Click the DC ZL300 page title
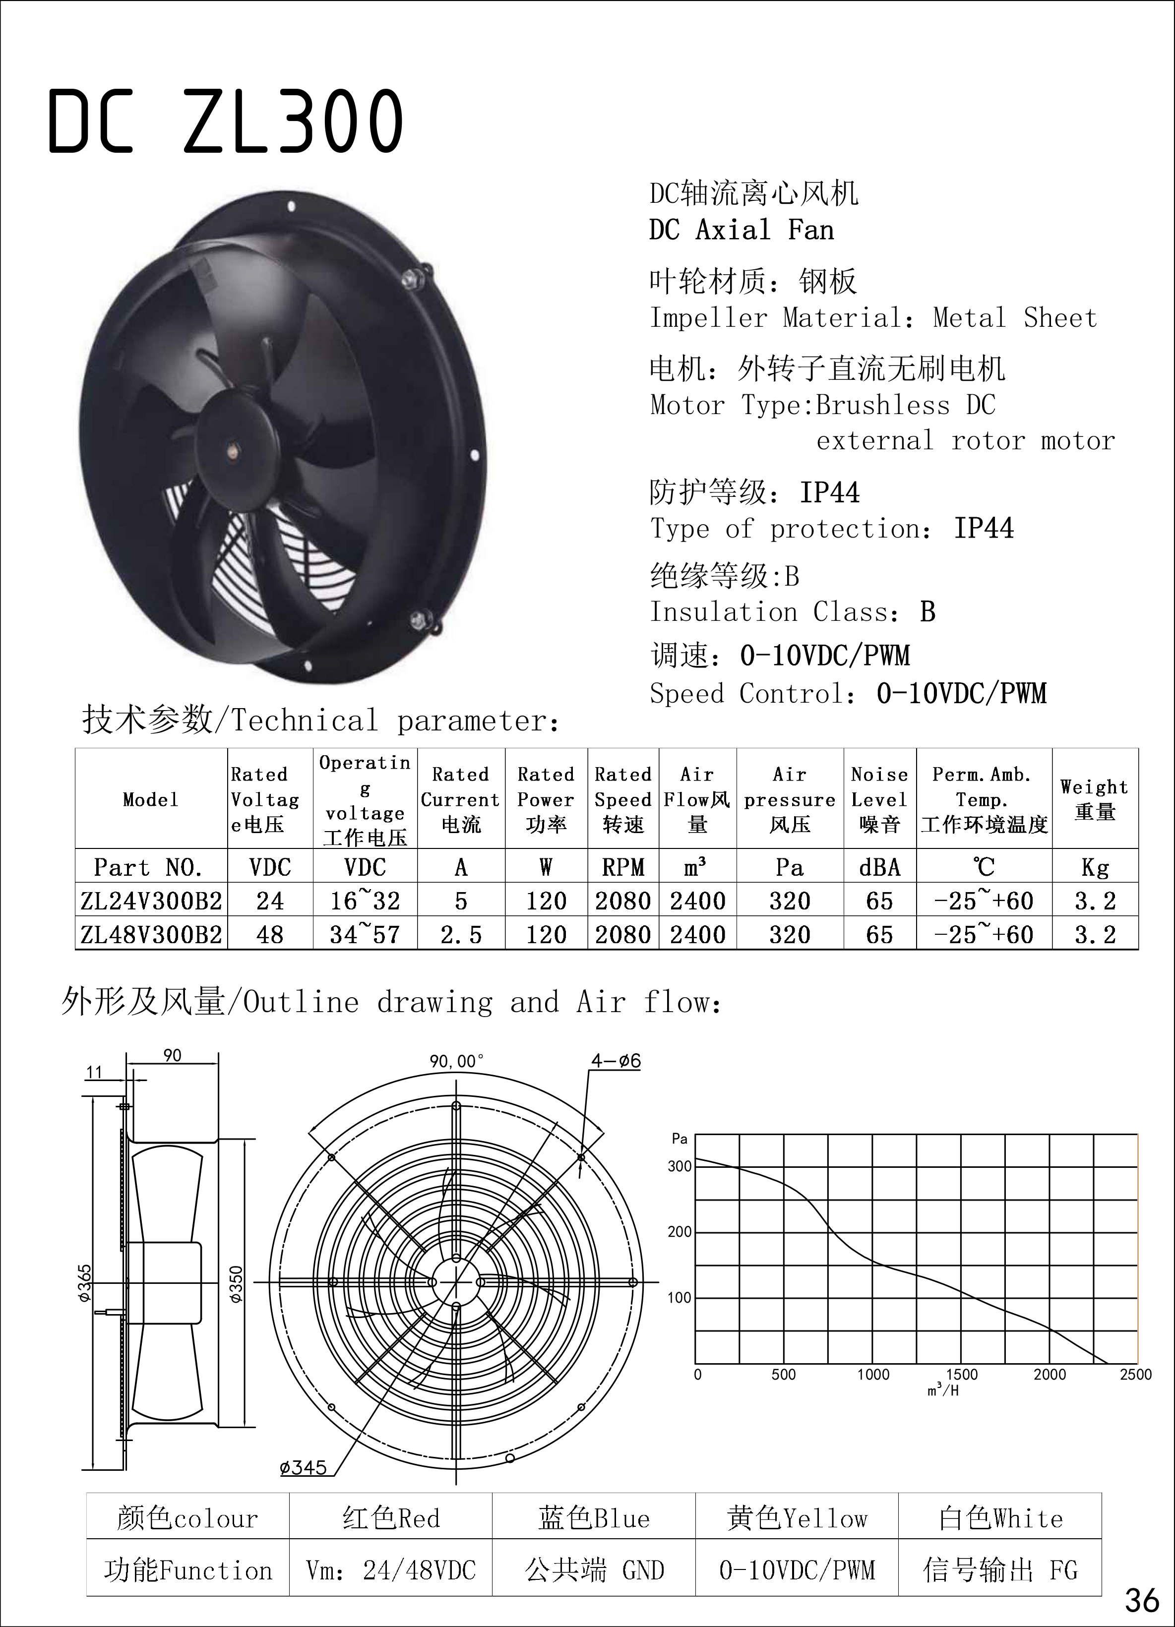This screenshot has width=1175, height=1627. [225, 122]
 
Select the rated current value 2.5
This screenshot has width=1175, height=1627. [461, 934]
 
